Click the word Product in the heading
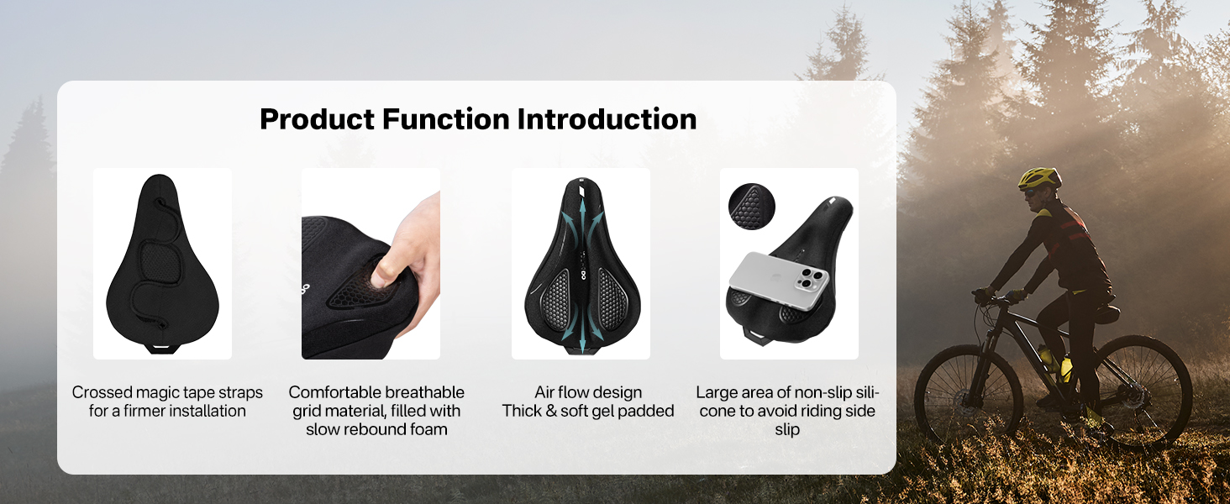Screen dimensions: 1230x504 318,119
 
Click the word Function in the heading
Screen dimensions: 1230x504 446,119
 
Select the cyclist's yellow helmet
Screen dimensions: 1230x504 1039,178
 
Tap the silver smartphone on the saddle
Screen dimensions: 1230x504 779,280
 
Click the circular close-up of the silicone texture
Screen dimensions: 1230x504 752,207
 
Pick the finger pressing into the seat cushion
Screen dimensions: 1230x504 385,269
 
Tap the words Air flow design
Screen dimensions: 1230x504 588,392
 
